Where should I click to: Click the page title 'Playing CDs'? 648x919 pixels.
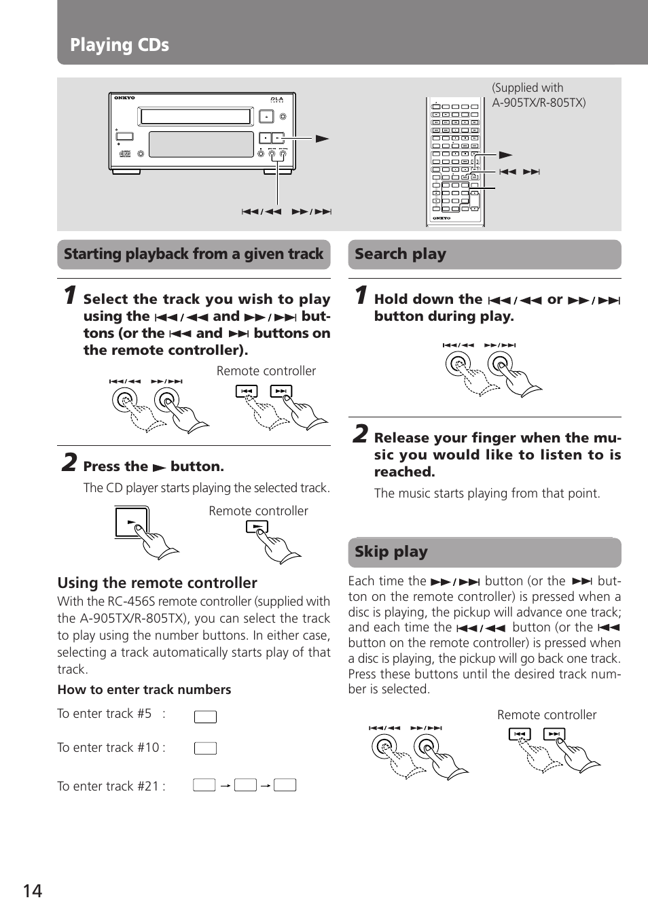coord(120,45)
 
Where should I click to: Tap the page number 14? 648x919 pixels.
coord(33,891)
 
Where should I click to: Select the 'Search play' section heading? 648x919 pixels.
coord(400,254)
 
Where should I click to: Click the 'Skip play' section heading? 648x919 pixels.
coord(391,552)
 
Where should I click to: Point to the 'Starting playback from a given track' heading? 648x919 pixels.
coord(194,254)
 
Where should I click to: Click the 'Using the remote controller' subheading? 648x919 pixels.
coord(157,583)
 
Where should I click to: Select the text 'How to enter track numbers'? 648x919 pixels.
coord(144,690)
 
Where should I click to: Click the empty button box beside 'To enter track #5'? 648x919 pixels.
coord(205,716)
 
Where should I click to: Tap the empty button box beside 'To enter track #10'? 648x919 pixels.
coord(205,748)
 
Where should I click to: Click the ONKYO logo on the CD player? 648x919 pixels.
coord(124,98)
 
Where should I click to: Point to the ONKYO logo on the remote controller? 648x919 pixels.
coord(442,218)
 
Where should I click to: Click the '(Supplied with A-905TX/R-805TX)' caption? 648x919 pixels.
coord(538,95)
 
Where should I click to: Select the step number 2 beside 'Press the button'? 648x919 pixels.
coord(69,463)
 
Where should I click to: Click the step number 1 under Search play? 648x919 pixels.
coord(361,295)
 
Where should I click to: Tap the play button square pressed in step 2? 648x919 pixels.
coord(132,522)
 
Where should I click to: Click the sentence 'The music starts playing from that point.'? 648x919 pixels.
coord(487,493)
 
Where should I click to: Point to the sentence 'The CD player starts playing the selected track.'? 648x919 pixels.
coord(206,488)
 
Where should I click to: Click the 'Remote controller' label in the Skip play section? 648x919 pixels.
coord(547,715)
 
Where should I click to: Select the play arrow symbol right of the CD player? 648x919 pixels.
coord(322,139)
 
